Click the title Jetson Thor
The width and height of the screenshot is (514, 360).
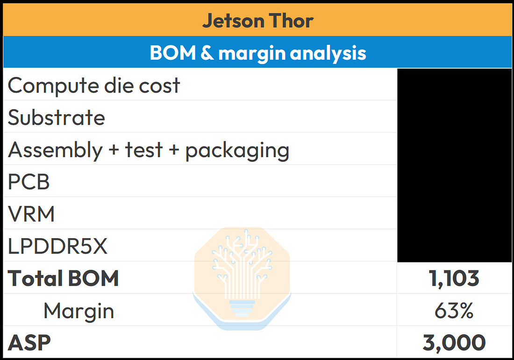[257, 21]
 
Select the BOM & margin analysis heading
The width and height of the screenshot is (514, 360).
[257, 53]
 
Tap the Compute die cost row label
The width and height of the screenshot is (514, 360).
[94, 86]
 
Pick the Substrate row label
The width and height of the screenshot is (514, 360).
[57, 117]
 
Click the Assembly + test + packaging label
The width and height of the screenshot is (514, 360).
[149, 150]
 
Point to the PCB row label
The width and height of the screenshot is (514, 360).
[29, 182]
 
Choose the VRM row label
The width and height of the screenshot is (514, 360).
[31, 214]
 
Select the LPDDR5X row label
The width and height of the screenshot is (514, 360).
[57, 246]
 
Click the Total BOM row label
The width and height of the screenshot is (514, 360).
[63, 278]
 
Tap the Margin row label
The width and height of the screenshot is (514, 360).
[79, 311]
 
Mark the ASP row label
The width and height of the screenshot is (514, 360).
[29, 343]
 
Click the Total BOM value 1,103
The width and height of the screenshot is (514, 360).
[454, 279]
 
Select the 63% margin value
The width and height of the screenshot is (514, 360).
[454, 311]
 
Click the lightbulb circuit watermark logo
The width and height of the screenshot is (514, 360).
[242, 278]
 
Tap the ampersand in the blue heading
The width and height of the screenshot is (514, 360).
[207, 52]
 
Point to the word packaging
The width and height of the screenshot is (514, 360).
[237, 151]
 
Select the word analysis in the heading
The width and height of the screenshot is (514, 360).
[328, 53]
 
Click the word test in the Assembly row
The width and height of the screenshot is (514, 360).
[143, 150]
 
